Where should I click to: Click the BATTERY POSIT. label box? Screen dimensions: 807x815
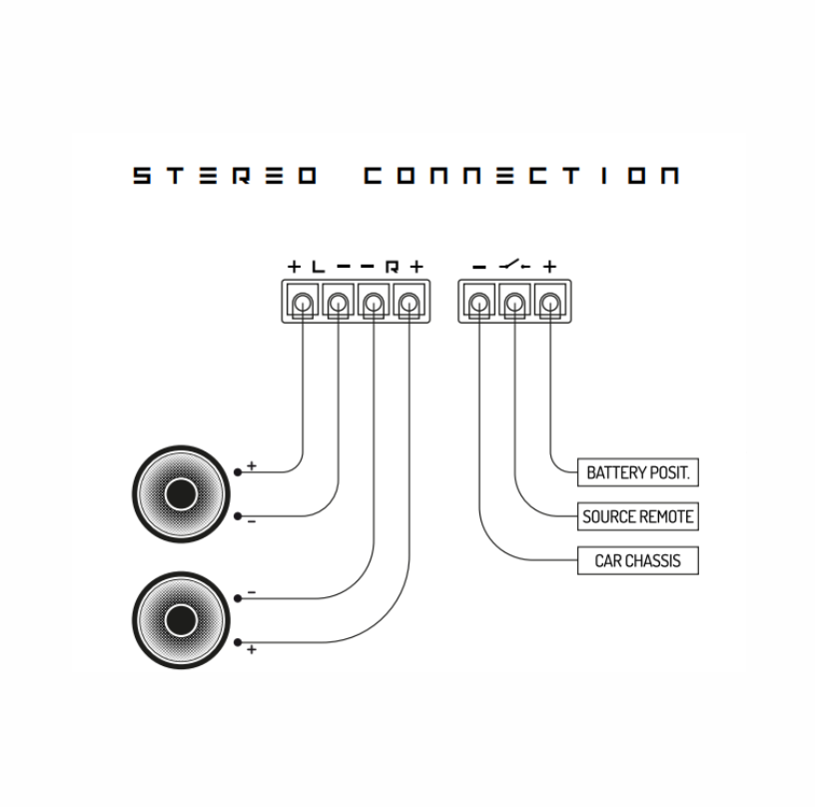point(638,472)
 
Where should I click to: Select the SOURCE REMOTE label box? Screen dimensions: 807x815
point(638,517)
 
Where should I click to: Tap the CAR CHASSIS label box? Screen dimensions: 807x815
point(638,561)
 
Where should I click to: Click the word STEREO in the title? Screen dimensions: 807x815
point(226,176)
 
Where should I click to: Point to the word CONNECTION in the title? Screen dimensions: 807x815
point(520,176)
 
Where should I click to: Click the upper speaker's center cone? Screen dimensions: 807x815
point(181,494)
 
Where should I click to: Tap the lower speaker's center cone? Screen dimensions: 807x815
point(181,620)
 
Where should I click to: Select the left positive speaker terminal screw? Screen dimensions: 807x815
point(303,300)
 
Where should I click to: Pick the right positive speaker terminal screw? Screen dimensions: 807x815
point(408,300)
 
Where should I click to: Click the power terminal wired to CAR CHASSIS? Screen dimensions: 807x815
point(479,300)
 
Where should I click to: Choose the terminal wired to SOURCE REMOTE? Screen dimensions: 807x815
point(514,300)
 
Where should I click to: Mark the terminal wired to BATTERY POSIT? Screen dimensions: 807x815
point(549,300)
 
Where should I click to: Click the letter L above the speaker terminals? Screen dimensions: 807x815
point(318,267)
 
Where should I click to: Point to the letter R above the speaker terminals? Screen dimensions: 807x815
point(392,267)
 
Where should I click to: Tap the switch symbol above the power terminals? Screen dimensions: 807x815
point(514,267)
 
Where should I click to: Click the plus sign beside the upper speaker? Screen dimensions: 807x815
point(252,465)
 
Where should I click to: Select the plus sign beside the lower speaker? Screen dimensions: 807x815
point(252,650)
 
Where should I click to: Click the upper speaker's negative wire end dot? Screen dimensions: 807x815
point(238,516)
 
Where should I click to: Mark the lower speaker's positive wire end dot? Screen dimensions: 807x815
point(238,642)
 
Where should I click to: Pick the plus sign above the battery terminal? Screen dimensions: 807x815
point(549,267)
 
